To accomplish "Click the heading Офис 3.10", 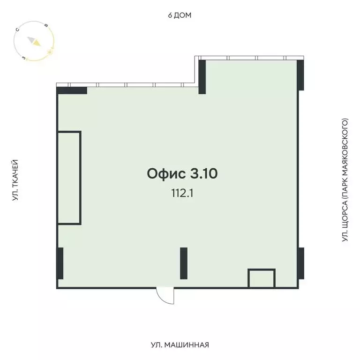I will tap(182, 174).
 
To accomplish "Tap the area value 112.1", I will tap(182, 192).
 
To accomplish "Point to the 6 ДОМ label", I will tap(180, 15).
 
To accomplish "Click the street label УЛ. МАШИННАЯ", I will tap(180, 345).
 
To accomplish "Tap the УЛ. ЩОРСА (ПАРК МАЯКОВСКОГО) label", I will tap(345, 180).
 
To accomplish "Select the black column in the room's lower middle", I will tap(184, 263).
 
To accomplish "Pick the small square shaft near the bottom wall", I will tap(261, 278).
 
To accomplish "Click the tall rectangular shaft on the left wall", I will tap(69, 178).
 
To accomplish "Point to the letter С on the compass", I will tap(17, 30).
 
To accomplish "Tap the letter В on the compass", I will tap(45, 26).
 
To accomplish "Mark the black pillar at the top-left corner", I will tap(72, 90).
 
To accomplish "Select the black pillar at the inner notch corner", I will tap(202, 76).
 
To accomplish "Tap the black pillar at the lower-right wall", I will tap(300, 262).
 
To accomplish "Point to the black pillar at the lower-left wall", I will tap(60, 263).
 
